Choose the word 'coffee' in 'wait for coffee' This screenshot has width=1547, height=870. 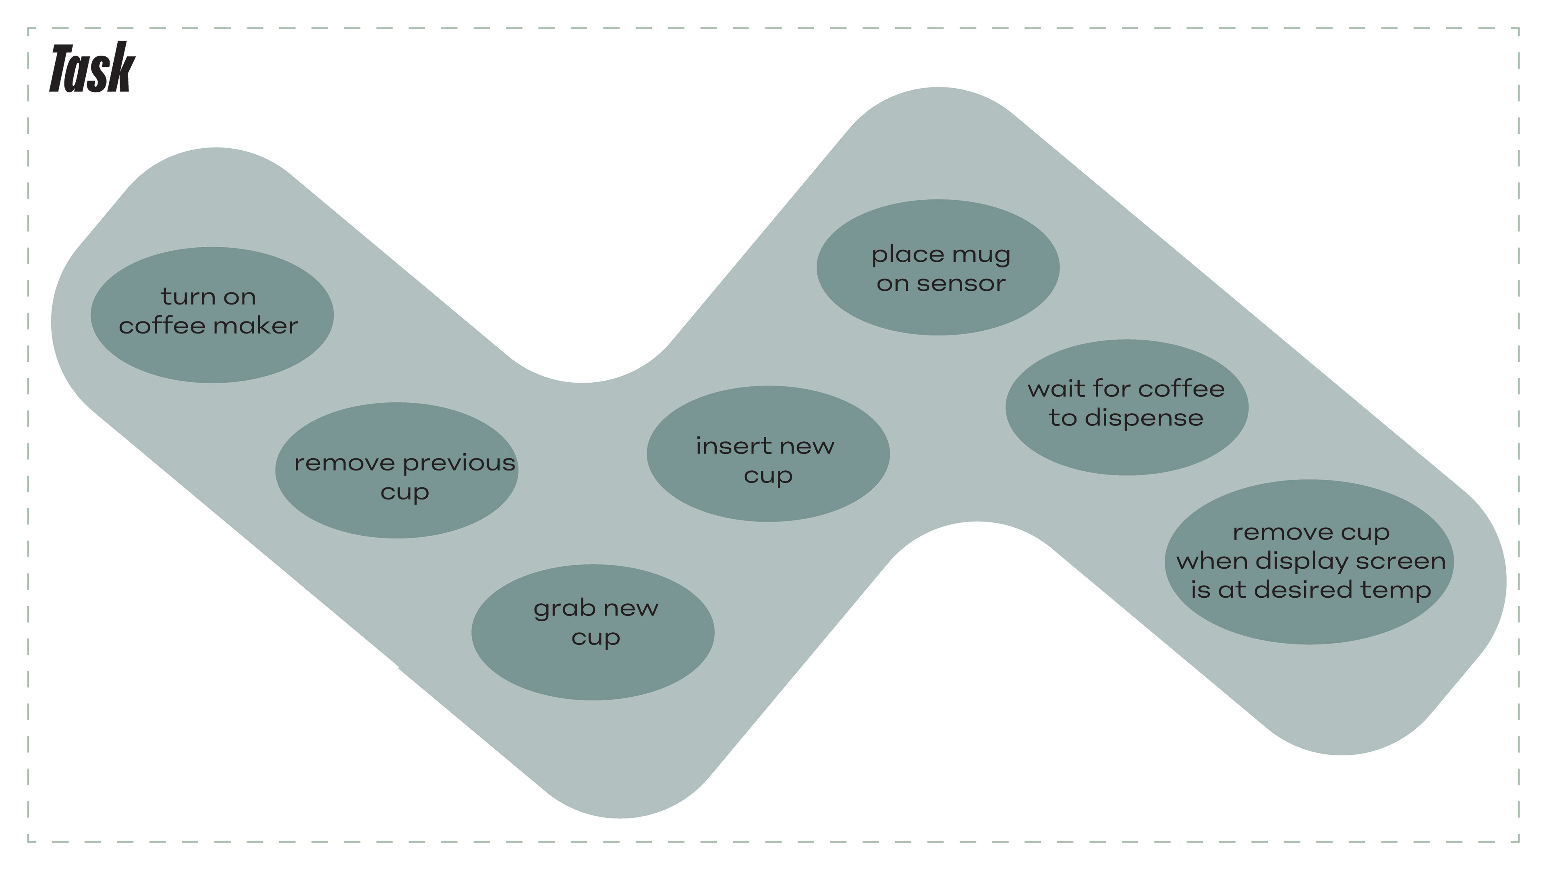pos(1181,389)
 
